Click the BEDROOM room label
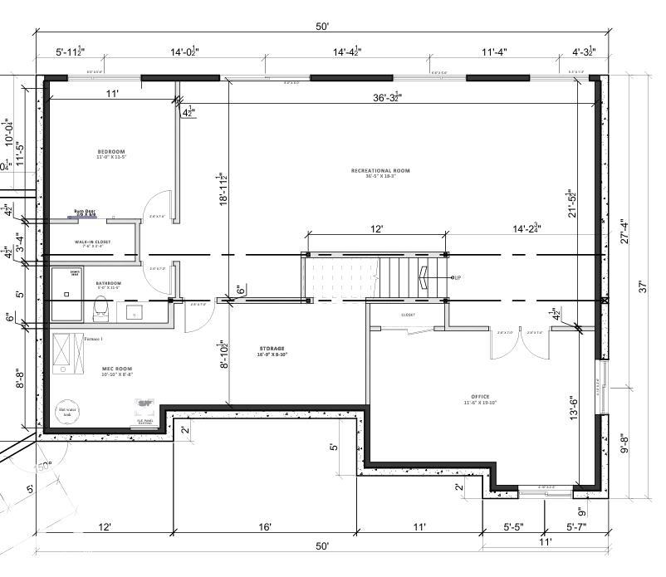pos(110,152)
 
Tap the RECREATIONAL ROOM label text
pos(380,171)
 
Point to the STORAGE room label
pos(271,349)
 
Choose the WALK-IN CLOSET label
pos(92,242)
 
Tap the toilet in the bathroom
pos(100,308)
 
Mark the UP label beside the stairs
pos(456,277)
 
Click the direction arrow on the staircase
pos(425,277)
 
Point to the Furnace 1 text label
pos(93,339)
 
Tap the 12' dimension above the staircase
pos(376,229)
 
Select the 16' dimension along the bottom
pos(265,526)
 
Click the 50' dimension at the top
pos(322,27)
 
